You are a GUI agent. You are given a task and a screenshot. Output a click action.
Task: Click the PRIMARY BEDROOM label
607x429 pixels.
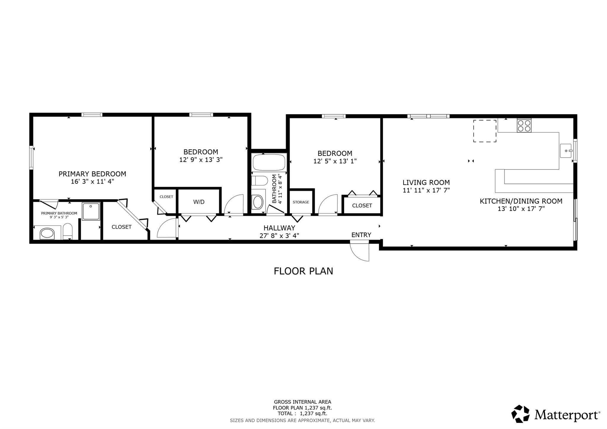(92, 174)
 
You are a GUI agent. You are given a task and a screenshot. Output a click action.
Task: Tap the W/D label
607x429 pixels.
(199, 202)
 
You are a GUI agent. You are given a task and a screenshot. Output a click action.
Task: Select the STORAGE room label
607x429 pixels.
(301, 202)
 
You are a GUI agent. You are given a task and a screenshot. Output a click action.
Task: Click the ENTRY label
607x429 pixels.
(361, 235)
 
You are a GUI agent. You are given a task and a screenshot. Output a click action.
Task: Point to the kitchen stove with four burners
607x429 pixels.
(524, 125)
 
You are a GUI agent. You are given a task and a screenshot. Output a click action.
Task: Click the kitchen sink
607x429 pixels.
(566, 151)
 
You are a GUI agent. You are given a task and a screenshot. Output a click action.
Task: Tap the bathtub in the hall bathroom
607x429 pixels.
(269, 162)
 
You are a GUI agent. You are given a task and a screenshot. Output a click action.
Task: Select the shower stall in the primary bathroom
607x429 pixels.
(91, 211)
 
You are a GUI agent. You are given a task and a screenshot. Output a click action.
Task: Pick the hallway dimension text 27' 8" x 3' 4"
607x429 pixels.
(279, 236)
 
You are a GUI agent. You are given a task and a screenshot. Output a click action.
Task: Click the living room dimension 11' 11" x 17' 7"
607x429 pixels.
(426, 190)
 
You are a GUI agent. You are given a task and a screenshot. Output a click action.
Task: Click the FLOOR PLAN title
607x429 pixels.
(303, 271)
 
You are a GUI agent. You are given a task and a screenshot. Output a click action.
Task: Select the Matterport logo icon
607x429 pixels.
(520, 414)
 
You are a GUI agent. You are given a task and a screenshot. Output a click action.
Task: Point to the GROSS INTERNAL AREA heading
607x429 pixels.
(302, 402)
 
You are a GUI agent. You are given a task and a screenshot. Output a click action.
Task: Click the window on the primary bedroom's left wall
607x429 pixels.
(31, 157)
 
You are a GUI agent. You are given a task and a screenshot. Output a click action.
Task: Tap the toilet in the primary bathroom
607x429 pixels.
(68, 231)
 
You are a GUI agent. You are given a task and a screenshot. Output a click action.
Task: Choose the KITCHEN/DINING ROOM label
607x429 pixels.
(521, 201)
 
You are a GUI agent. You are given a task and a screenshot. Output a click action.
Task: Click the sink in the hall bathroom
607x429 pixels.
(258, 202)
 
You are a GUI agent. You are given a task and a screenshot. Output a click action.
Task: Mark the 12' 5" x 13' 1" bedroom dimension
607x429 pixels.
(335, 161)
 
